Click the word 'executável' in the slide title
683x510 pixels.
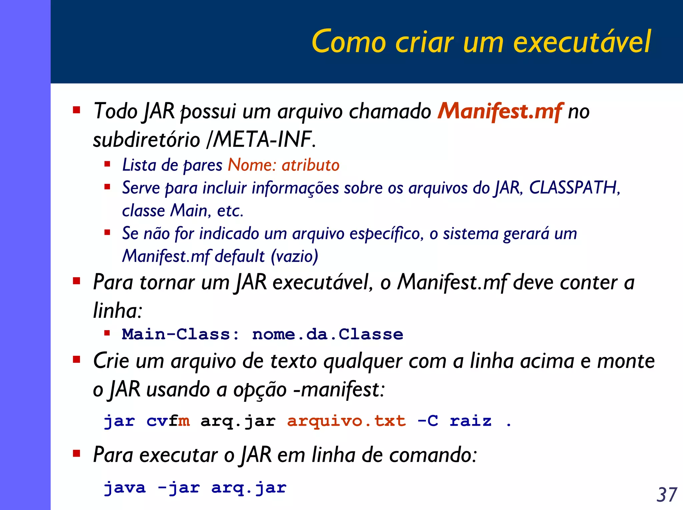(x=582, y=42)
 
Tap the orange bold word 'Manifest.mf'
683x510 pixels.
(x=500, y=111)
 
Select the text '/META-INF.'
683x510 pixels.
(x=261, y=139)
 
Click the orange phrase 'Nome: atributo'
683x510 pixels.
(x=283, y=165)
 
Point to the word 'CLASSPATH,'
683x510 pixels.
(x=575, y=188)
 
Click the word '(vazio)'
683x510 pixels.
(x=294, y=256)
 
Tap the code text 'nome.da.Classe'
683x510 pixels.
(x=327, y=334)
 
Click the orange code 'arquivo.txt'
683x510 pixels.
(x=347, y=421)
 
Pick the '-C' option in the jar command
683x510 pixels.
(x=428, y=421)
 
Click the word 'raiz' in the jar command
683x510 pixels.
(x=471, y=421)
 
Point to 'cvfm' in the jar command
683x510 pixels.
(x=168, y=421)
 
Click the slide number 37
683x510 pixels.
(x=667, y=495)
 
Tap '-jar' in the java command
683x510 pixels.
(x=179, y=488)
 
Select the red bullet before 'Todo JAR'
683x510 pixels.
(x=77, y=110)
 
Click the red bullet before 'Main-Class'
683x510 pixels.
(x=107, y=333)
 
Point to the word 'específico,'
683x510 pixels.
(x=387, y=234)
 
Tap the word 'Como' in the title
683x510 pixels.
(x=349, y=42)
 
